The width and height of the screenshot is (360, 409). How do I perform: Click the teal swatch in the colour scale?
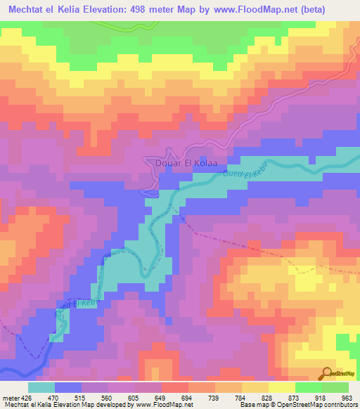41,388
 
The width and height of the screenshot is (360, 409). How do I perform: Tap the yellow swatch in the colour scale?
281,388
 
